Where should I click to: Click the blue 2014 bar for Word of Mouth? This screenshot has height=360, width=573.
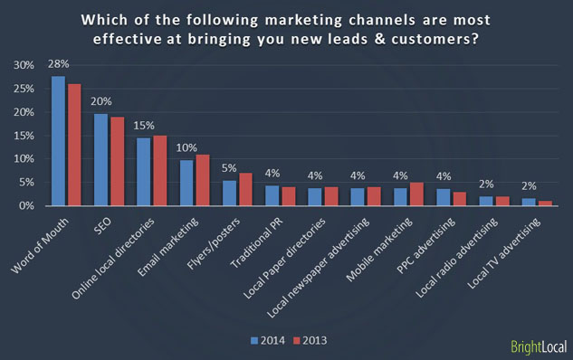coord(58,141)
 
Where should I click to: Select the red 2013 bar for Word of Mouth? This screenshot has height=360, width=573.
coord(73,145)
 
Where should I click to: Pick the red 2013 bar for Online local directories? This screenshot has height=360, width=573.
coord(160,171)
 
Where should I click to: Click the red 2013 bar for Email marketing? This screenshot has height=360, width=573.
coord(203,180)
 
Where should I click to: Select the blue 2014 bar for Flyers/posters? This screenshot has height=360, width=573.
coord(230,193)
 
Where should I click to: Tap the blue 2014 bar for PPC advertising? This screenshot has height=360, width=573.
coord(444,197)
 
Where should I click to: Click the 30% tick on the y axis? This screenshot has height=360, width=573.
coord(25,65)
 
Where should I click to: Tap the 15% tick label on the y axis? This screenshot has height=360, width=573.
coord(25,136)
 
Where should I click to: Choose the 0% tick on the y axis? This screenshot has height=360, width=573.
coord(28,206)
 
